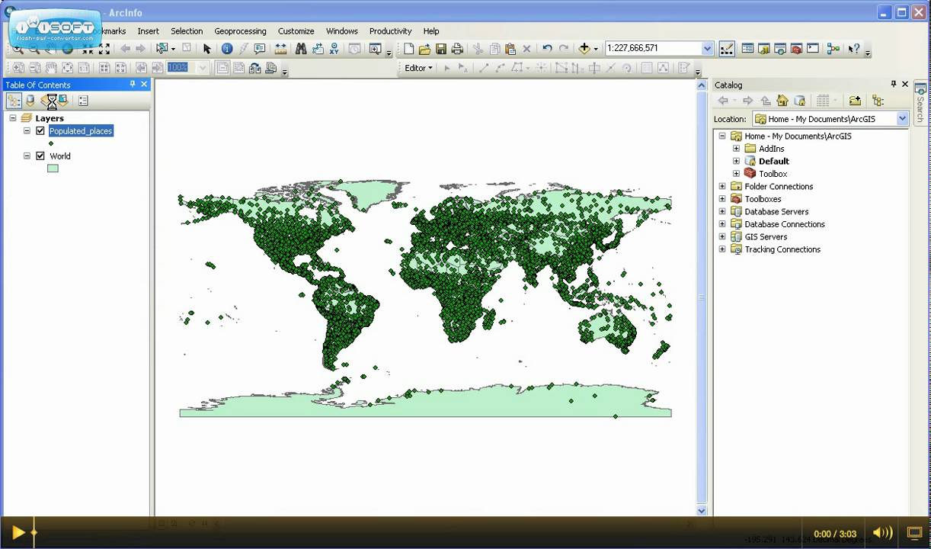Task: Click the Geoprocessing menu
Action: (x=240, y=31)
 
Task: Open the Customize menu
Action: (x=296, y=31)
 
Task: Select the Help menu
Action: (x=431, y=31)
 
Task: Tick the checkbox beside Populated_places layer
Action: (x=40, y=131)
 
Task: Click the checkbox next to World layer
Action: (x=40, y=156)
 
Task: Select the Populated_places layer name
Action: (x=81, y=131)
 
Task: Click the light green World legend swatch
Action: (x=53, y=168)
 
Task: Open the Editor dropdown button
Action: (x=418, y=68)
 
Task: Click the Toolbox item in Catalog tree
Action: (x=773, y=174)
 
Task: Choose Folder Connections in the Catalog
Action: (x=779, y=186)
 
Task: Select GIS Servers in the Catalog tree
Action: (x=766, y=237)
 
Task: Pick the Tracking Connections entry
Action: (x=782, y=249)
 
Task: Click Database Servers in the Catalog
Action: (x=776, y=212)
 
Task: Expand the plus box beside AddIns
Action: (x=736, y=149)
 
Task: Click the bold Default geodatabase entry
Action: (x=773, y=162)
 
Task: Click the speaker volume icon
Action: (x=881, y=533)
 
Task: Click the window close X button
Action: (x=920, y=12)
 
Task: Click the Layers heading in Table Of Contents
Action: (x=50, y=118)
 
